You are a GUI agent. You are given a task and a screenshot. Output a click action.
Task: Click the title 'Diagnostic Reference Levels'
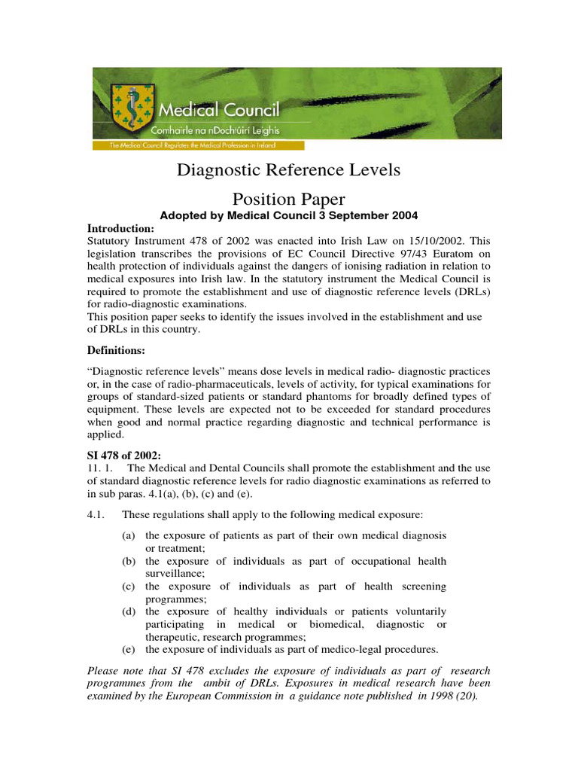click(x=288, y=170)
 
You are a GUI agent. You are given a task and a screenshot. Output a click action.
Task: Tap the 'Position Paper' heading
click(x=288, y=199)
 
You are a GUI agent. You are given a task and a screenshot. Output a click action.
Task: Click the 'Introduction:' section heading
click(x=120, y=228)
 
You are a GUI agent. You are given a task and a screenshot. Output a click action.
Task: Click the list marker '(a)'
click(x=129, y=535)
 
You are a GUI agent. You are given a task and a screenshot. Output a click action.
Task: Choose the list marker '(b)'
click(x=129, y=562)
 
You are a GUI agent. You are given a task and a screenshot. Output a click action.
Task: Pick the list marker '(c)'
click(x=129, y=587)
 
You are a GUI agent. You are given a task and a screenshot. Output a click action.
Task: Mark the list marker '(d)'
click(x=129, y=611)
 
